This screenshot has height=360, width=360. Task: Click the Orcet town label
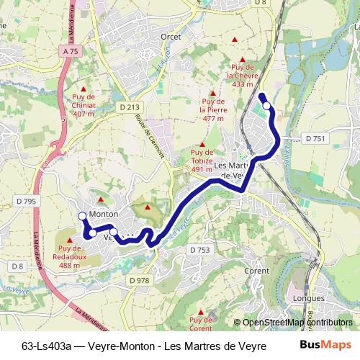click(x=171, y=35)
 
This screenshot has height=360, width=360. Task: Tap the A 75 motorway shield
click(x=69, y=52)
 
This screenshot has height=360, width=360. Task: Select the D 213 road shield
click(x=129, y=107)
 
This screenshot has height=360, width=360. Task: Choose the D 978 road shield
click(x=140, y=280)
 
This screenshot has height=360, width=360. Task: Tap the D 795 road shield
click(x=24, y=202)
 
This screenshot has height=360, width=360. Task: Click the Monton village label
click(x=103, y=214)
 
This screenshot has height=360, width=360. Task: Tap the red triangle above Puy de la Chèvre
click(x=243, y=60)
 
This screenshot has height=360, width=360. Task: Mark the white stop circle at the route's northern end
click(x=267, y=106)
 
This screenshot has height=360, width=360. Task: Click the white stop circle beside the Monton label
click(x=82, y=216)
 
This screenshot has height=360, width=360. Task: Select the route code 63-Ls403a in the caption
click(x=49, y=344)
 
